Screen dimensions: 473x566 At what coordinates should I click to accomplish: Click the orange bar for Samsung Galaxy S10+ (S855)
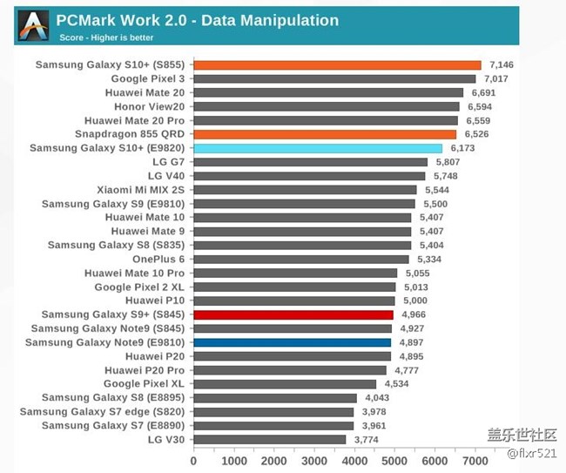337,64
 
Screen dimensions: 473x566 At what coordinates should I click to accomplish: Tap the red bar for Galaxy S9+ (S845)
293,314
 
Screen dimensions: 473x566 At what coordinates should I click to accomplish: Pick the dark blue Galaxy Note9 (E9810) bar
292,342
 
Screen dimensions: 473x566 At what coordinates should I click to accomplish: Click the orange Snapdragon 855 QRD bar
325,134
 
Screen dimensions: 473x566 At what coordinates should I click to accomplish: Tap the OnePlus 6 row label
159,259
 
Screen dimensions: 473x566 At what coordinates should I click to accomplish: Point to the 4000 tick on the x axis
354,461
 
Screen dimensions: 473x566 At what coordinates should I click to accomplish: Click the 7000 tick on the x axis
475,461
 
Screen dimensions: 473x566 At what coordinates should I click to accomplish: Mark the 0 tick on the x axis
193,461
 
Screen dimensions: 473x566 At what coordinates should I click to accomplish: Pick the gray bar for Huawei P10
294,301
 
